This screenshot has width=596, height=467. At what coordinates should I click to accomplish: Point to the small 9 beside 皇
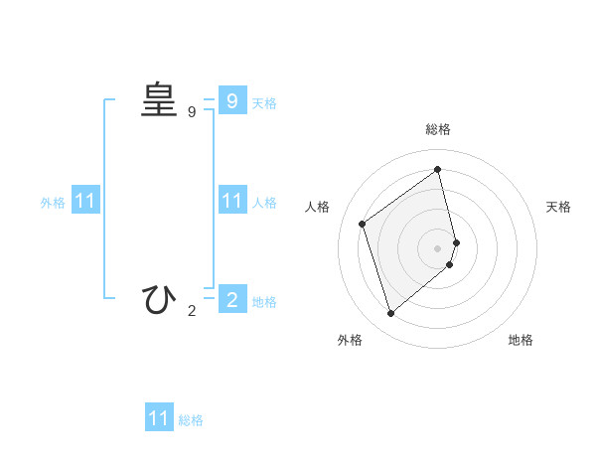[x=192, y=112]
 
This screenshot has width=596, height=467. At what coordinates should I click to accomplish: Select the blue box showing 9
[x=231, y=101]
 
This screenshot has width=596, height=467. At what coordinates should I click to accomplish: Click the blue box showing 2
[x=231, y=299]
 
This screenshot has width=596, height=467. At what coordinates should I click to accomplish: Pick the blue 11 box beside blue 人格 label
[x=231, y=201]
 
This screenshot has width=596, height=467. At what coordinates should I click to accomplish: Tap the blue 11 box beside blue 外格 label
[x=85, y=201]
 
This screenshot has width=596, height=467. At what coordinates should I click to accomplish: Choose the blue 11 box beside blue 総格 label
[x=159, y=418]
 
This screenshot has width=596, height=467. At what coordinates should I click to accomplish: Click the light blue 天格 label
[x=264, y=103]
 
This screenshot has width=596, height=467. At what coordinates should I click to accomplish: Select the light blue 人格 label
[x=264, y=203]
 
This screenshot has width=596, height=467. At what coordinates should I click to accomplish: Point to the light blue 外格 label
[x=53, y=203]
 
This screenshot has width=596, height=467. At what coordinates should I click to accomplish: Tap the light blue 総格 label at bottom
[x=191, y=420]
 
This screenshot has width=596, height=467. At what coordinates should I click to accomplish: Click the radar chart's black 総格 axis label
[x=438, y=129]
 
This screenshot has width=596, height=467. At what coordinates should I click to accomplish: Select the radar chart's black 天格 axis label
[x=558, y=207]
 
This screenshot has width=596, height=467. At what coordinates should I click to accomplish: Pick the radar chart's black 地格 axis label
[x=521, y=340]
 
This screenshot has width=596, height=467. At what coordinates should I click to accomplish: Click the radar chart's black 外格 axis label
[x=350, y=340]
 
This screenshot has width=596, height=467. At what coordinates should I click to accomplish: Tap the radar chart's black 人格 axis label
[x=318, y=207]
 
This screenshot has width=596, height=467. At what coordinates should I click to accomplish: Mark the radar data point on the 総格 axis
[x=438, y=169]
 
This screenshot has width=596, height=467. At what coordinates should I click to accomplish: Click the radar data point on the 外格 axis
[x=390, y=314]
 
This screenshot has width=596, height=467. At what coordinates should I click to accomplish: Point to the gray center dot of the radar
[x=438, y=247]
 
